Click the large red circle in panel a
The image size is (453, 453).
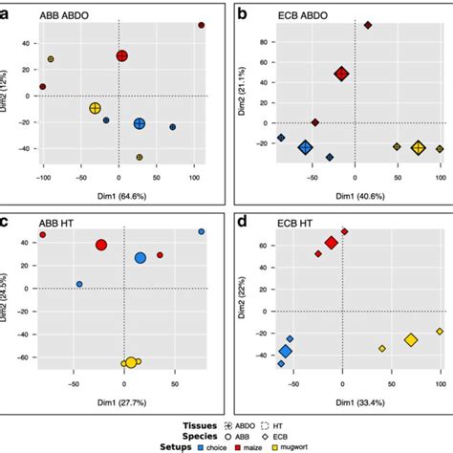coord(122,56)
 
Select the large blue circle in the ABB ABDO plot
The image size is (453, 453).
coord(140,123)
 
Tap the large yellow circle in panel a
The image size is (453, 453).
coord(96,108)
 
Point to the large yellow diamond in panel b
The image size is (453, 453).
coord(418,147)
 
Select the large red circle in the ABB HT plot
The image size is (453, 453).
coord(101,246)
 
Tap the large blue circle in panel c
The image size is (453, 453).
coord(140,258)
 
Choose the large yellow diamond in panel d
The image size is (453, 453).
coord(411,339)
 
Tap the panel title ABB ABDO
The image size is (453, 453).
coord(64,15)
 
